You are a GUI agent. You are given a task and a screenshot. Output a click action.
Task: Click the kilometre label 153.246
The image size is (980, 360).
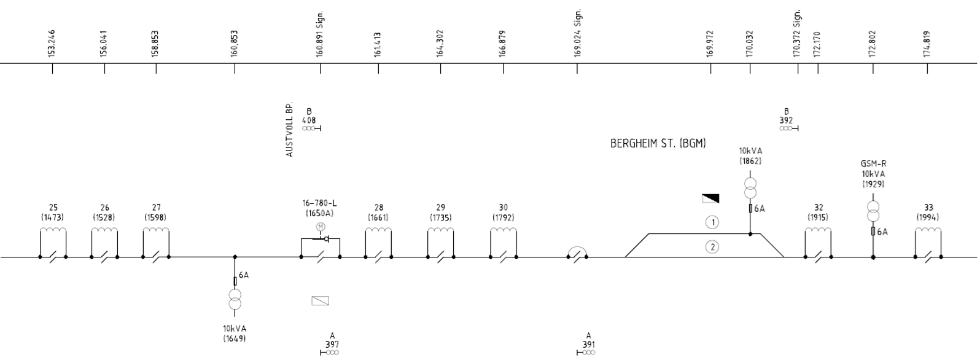52,44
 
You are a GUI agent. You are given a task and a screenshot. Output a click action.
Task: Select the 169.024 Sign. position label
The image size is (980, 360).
577,33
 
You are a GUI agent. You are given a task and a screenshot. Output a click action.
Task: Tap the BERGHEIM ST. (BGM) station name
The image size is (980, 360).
658,143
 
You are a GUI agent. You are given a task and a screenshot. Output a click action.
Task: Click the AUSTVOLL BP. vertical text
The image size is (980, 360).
289,130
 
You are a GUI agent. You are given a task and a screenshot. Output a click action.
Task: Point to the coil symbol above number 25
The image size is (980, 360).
53,230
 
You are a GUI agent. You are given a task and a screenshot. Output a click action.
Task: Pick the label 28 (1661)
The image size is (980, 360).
378,213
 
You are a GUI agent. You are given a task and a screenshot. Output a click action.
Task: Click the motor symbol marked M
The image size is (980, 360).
321,227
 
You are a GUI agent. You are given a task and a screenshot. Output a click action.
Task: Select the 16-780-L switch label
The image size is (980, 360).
319,203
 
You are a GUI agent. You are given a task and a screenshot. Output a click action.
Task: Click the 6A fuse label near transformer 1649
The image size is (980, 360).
244,275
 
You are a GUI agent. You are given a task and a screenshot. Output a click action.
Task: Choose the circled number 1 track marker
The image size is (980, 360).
713,222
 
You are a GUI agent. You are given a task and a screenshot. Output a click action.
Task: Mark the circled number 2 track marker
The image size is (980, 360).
713,247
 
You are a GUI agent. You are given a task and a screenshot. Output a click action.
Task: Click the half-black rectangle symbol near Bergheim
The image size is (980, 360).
710,198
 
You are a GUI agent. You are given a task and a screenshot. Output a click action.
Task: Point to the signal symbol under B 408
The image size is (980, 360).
312,128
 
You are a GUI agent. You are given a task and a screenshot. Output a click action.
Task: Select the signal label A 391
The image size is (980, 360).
588,340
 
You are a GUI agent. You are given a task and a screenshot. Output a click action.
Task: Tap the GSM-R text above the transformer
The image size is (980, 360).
873,164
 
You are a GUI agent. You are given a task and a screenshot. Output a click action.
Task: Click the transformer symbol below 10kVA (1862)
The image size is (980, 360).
750,189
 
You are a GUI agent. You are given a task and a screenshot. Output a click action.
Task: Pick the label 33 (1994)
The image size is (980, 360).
928,213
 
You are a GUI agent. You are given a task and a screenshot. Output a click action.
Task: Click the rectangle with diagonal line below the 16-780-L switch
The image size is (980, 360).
321,301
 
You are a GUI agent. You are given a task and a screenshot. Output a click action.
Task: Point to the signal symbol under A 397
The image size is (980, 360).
330,353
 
